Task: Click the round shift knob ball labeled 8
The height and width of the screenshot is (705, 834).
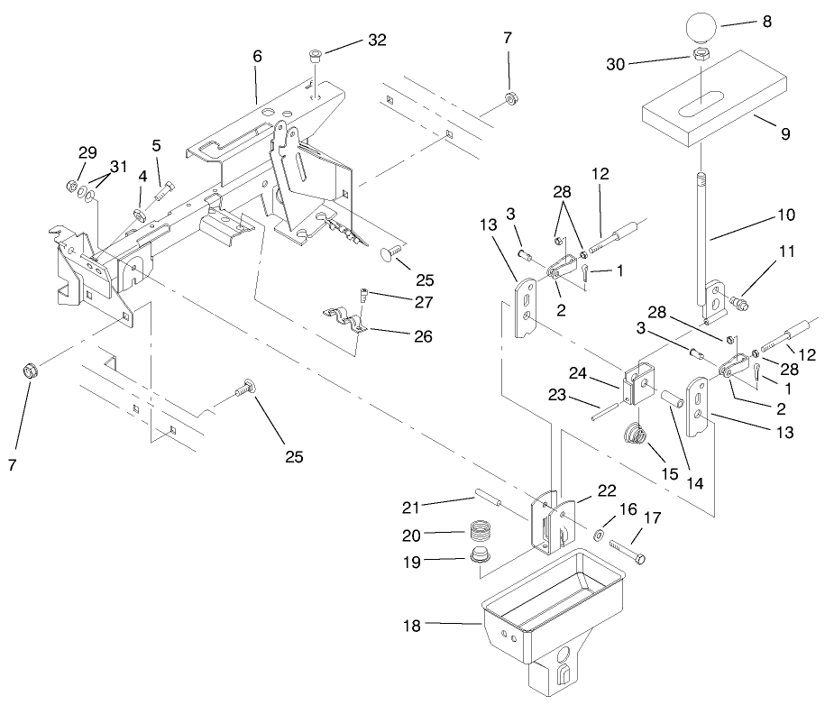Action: (701, 25)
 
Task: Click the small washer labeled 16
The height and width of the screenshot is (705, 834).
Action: (599, 536)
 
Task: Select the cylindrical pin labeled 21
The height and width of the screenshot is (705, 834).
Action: (490, 499)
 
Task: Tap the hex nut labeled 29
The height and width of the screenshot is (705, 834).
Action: (71, 188)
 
